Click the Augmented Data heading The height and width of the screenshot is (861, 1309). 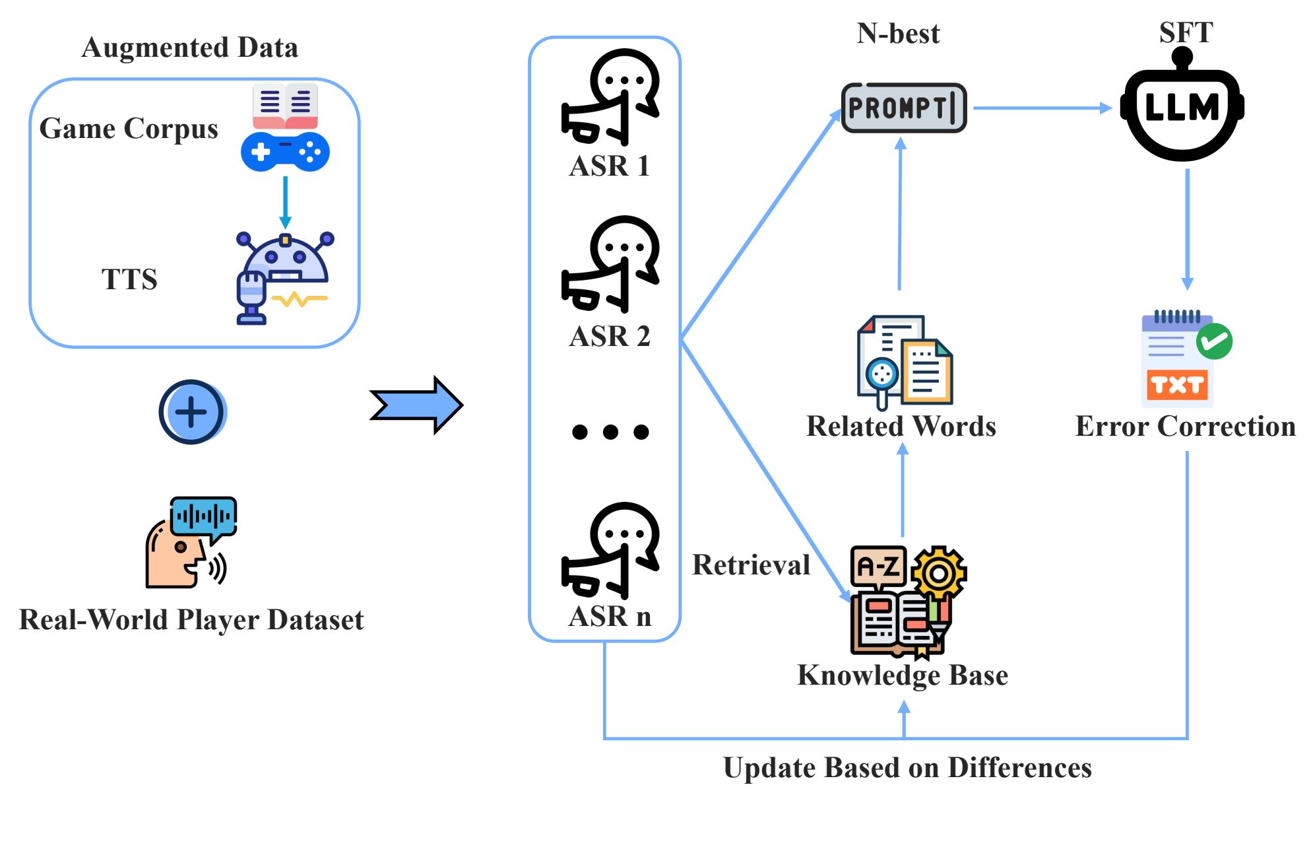(x=190, y=48)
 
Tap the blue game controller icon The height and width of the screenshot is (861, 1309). (x=285, y=152)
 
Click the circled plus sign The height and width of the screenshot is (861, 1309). (x=192, y=412)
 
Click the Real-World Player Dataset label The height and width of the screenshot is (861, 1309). (x=191, y=619)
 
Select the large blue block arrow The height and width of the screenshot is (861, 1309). (x=416, y=405)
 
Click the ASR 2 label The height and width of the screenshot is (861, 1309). (x=610, y=336)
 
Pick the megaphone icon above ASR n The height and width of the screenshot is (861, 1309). (x=610, y=551)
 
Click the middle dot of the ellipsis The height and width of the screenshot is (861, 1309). (x=610, y=432)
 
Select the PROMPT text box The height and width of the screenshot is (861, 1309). (x=904, y=108)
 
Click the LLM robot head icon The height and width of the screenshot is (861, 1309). (x=1182, y=110)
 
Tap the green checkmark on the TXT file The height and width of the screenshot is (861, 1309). (x=1215, y=341)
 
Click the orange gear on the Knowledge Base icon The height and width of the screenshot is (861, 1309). (x=939, y=573)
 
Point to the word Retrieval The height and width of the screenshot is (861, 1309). (x=751, y=565)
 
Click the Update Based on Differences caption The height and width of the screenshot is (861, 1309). (x=907, y=768)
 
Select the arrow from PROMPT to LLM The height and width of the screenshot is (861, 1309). (x=1042, y=108)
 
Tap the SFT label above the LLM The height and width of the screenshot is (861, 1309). (x=1186, y=32)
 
